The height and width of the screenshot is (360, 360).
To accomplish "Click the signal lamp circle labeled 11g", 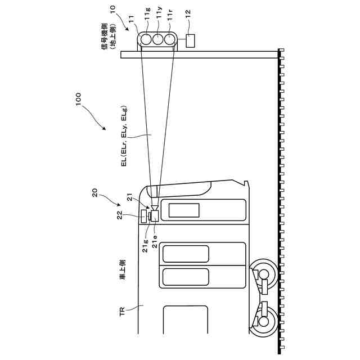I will click(147, 40).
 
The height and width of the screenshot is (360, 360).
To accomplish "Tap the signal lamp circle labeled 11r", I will click(169, 40).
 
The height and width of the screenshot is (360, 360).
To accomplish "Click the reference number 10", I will click(112, 10).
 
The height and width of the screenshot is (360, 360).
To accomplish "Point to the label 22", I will click(119, 217).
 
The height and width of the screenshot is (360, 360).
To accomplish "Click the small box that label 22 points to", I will click(144, 216).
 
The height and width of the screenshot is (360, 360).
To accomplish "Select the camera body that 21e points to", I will click(153, 216).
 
